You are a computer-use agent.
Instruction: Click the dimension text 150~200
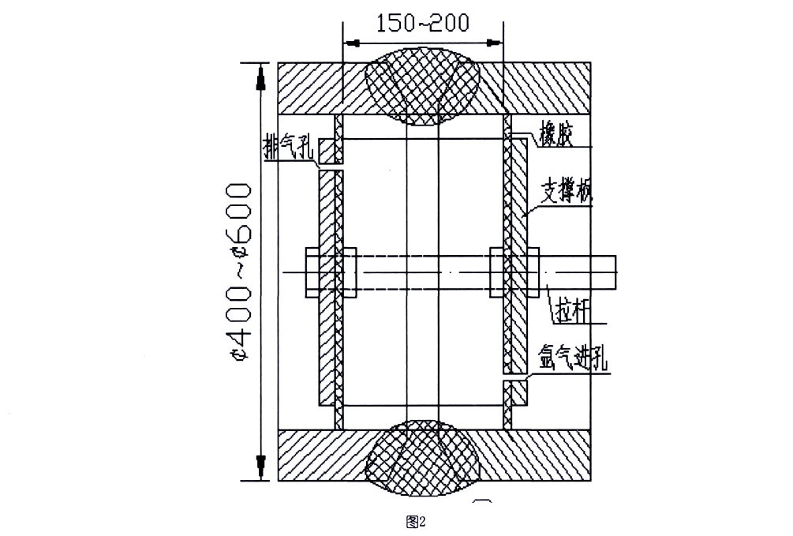pos(423,21)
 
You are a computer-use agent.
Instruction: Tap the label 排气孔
pos(290,147)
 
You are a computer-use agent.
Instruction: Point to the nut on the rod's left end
pos(310,273)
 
